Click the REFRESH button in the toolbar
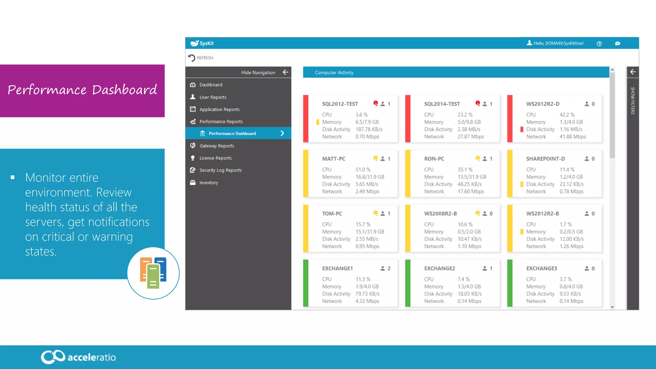(201, 58)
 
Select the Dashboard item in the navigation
(210, 85)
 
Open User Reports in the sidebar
(213, 97)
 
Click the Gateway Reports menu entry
(217, 146)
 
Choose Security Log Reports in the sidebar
(220, 170)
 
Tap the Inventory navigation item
(209, 183)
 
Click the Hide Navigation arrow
(285, 72)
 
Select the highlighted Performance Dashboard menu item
(232, 133)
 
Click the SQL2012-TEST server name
(340, 104)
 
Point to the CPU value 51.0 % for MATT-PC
(363, 169)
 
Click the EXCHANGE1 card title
(337, 268)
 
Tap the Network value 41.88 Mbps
(573, 136)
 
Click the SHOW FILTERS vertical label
(633, 101)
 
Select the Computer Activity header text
(334, 73)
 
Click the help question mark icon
(599, 44)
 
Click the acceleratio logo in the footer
(78, 357)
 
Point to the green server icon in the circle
(153, 276)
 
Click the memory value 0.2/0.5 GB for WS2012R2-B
(571, 232)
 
